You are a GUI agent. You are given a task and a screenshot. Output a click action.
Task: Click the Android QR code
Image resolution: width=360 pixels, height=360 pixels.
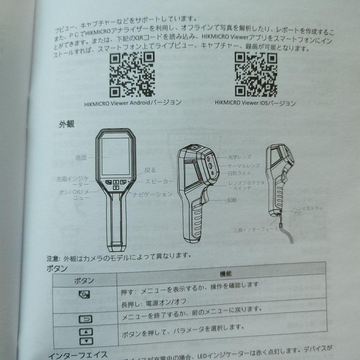(132, 74)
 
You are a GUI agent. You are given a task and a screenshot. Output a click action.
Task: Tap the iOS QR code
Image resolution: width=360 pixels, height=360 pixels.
(256, 74)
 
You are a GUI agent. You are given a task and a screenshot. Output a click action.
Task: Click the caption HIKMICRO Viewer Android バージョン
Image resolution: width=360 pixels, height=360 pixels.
(133, 102)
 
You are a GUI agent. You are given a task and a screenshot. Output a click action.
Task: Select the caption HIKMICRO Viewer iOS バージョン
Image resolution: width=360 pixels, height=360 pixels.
(255, 103)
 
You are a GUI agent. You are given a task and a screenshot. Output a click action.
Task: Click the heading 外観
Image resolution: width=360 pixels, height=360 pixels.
(66, 125)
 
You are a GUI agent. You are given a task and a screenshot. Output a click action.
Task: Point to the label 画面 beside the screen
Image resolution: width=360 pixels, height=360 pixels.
(81, 158)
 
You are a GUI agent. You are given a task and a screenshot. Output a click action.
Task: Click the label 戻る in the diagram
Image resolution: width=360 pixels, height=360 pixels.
(150, 170)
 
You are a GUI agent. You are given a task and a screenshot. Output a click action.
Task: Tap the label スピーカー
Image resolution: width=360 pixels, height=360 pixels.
(159, 182)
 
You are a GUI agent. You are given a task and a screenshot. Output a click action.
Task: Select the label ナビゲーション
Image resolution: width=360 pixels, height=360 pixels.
(153, 194)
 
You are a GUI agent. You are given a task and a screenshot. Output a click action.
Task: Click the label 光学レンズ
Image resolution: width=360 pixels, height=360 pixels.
(240, 157)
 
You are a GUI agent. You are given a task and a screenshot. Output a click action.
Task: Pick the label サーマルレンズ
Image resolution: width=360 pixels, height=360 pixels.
(244, 165)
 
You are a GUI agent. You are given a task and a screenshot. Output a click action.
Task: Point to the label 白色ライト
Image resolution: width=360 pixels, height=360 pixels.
(239, 173)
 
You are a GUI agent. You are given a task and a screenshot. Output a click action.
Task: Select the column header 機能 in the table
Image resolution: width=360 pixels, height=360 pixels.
(225, 274)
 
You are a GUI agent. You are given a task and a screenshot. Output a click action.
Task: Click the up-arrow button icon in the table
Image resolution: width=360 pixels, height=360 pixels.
(86, 332)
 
